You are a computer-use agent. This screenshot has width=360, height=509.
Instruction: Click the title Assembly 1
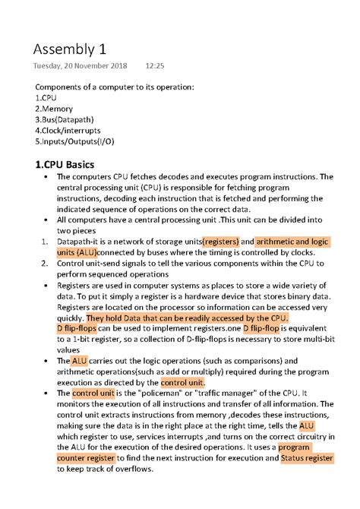[x=69, y=51]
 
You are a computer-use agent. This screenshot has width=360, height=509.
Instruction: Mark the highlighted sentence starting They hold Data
[x=187, y=317]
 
